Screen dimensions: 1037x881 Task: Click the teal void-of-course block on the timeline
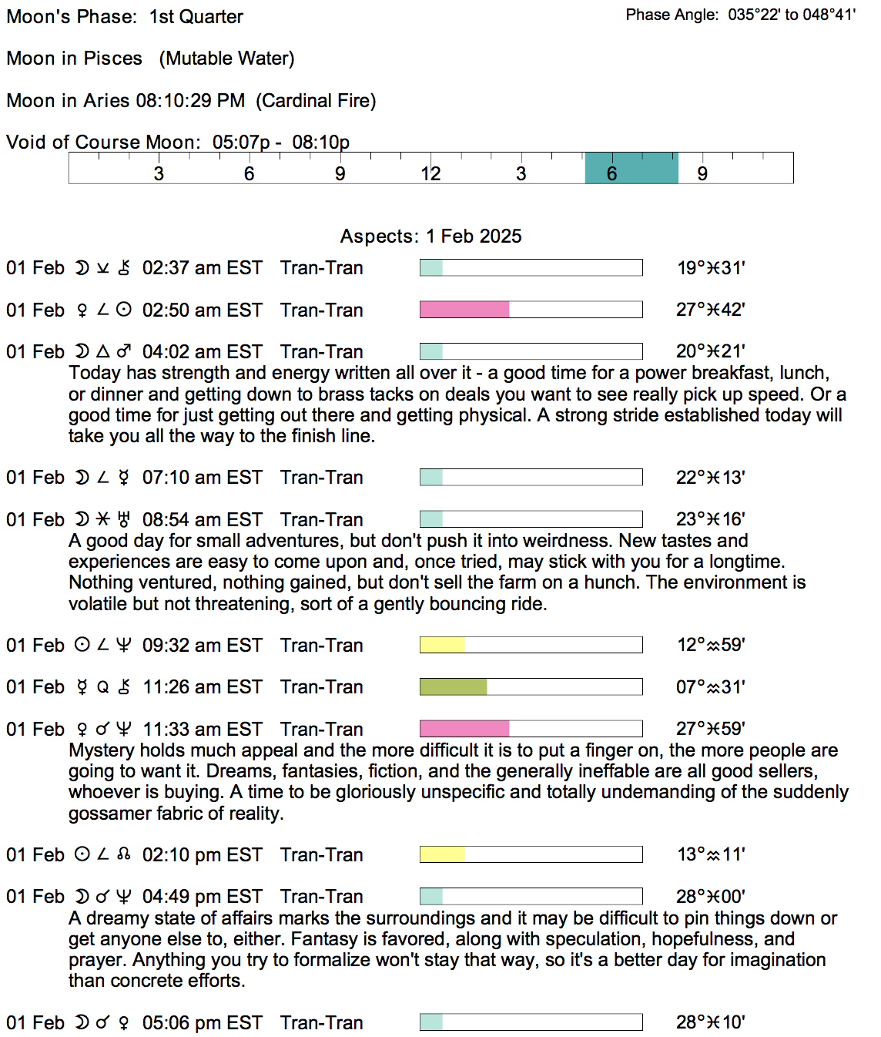[631, 168]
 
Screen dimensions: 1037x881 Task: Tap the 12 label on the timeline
[430, 174]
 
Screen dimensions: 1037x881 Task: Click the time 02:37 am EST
[202, 268]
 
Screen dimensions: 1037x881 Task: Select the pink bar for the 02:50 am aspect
[464, 310]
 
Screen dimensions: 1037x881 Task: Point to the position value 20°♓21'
[710, 351]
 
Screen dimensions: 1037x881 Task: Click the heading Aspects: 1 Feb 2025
[430, 237]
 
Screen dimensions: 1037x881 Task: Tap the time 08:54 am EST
[202, 519]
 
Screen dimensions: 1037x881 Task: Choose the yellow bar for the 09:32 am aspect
[442, 645]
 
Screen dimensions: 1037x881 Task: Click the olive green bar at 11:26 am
[453, 686]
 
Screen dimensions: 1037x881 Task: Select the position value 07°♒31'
[710, 686]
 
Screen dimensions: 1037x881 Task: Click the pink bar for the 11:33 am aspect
[464, 729]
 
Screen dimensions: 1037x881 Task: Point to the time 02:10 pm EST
[202, 854]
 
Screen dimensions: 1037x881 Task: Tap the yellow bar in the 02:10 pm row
[442, 854]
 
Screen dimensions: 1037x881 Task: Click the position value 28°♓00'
[710, 896]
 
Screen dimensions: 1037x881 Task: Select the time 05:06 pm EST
[202, 1022]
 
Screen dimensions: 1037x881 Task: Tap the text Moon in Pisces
[74, 59]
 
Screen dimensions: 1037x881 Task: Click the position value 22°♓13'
[710, 478]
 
